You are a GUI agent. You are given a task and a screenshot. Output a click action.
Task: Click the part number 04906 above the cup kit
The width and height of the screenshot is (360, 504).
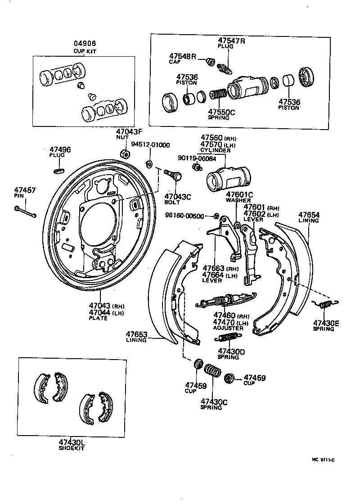(85, 44)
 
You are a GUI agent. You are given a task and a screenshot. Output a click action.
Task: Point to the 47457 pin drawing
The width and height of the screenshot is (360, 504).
(26, 210)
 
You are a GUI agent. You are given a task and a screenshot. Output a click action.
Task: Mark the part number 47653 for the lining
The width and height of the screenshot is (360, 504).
(136, 334)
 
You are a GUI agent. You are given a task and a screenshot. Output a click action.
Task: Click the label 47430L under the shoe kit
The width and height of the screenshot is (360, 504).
(72, 443)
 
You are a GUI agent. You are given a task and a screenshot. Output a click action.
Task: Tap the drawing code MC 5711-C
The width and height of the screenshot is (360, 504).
(327, 460)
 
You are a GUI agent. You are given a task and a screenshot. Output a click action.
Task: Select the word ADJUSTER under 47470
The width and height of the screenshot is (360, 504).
(228, 328)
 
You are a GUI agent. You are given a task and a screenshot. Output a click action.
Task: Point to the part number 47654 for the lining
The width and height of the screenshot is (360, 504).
(309, 215)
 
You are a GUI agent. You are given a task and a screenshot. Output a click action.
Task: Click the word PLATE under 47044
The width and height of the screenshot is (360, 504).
(98, 318)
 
